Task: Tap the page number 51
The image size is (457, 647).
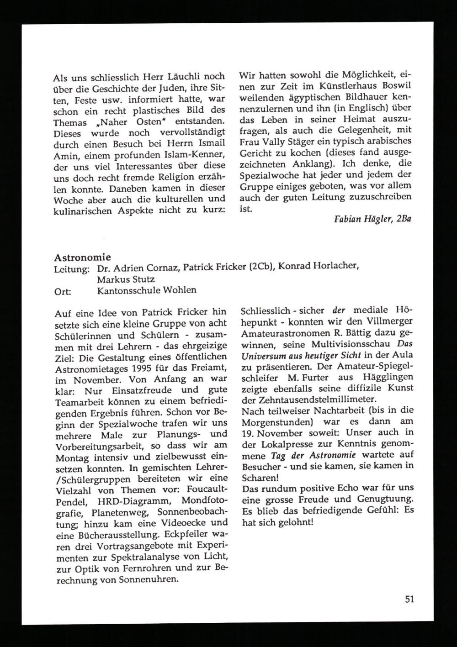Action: [x=409, y=599]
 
